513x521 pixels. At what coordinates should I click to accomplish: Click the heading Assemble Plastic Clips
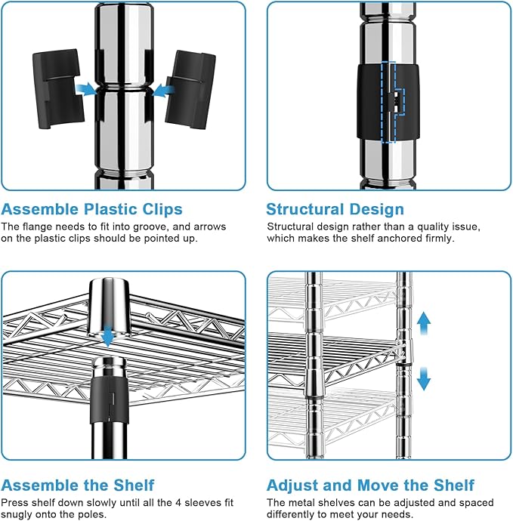(x=91, y=209)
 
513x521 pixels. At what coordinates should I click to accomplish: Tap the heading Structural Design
(x=335, y=209)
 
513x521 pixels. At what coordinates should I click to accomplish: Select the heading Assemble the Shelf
(x=78, y=485)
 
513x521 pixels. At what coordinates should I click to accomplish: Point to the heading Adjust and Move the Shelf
(x=371, y=485)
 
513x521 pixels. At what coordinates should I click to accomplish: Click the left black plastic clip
(x=54, y=88)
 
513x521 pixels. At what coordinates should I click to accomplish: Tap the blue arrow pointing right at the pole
(x=88, y=90)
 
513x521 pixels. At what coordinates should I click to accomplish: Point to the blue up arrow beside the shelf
(x=424, y=324)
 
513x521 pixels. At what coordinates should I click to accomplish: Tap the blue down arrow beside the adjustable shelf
(x=424, y=377)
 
